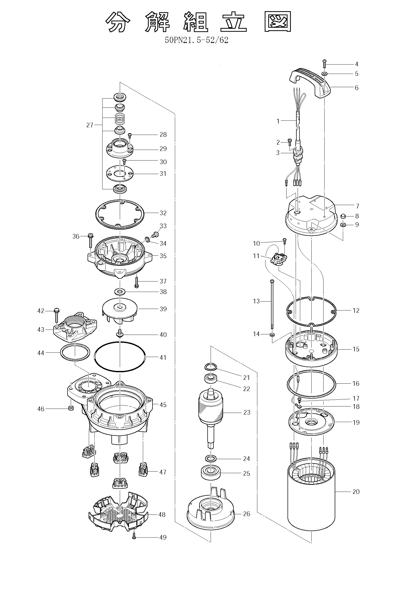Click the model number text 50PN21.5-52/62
tap(197, 40)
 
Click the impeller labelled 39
tap(120, 312)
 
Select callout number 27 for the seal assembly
tap(90, 125)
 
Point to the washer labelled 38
tap(120, 292)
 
